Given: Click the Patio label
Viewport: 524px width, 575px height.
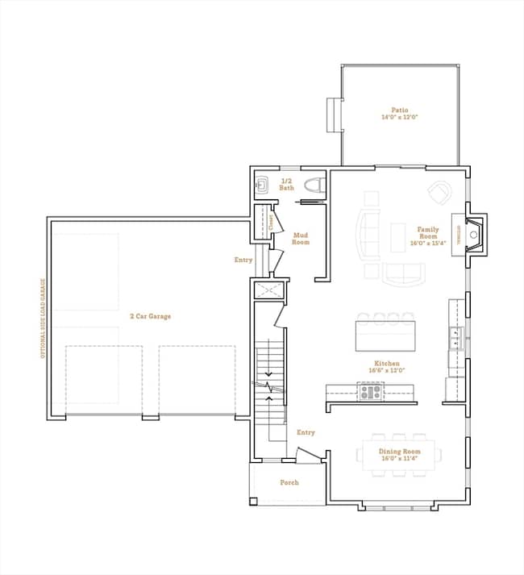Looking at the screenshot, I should tap(400, 110).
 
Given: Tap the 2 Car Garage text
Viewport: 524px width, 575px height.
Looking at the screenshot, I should tap(151, 316).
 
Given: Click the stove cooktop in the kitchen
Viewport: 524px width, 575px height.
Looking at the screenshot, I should tap(371, 392).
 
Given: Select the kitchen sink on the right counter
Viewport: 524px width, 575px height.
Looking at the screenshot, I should tap(456, 336).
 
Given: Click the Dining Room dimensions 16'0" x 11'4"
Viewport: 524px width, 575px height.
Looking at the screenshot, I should tap(401, 458).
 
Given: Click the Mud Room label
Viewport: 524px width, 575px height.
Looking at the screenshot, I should tap(300, 238).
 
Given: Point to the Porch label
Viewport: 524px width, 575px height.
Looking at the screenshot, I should tap(289, 482).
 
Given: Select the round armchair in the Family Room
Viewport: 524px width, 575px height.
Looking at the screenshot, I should tap(440, 193).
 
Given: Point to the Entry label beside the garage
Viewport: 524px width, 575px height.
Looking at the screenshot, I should tap(243, 260).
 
